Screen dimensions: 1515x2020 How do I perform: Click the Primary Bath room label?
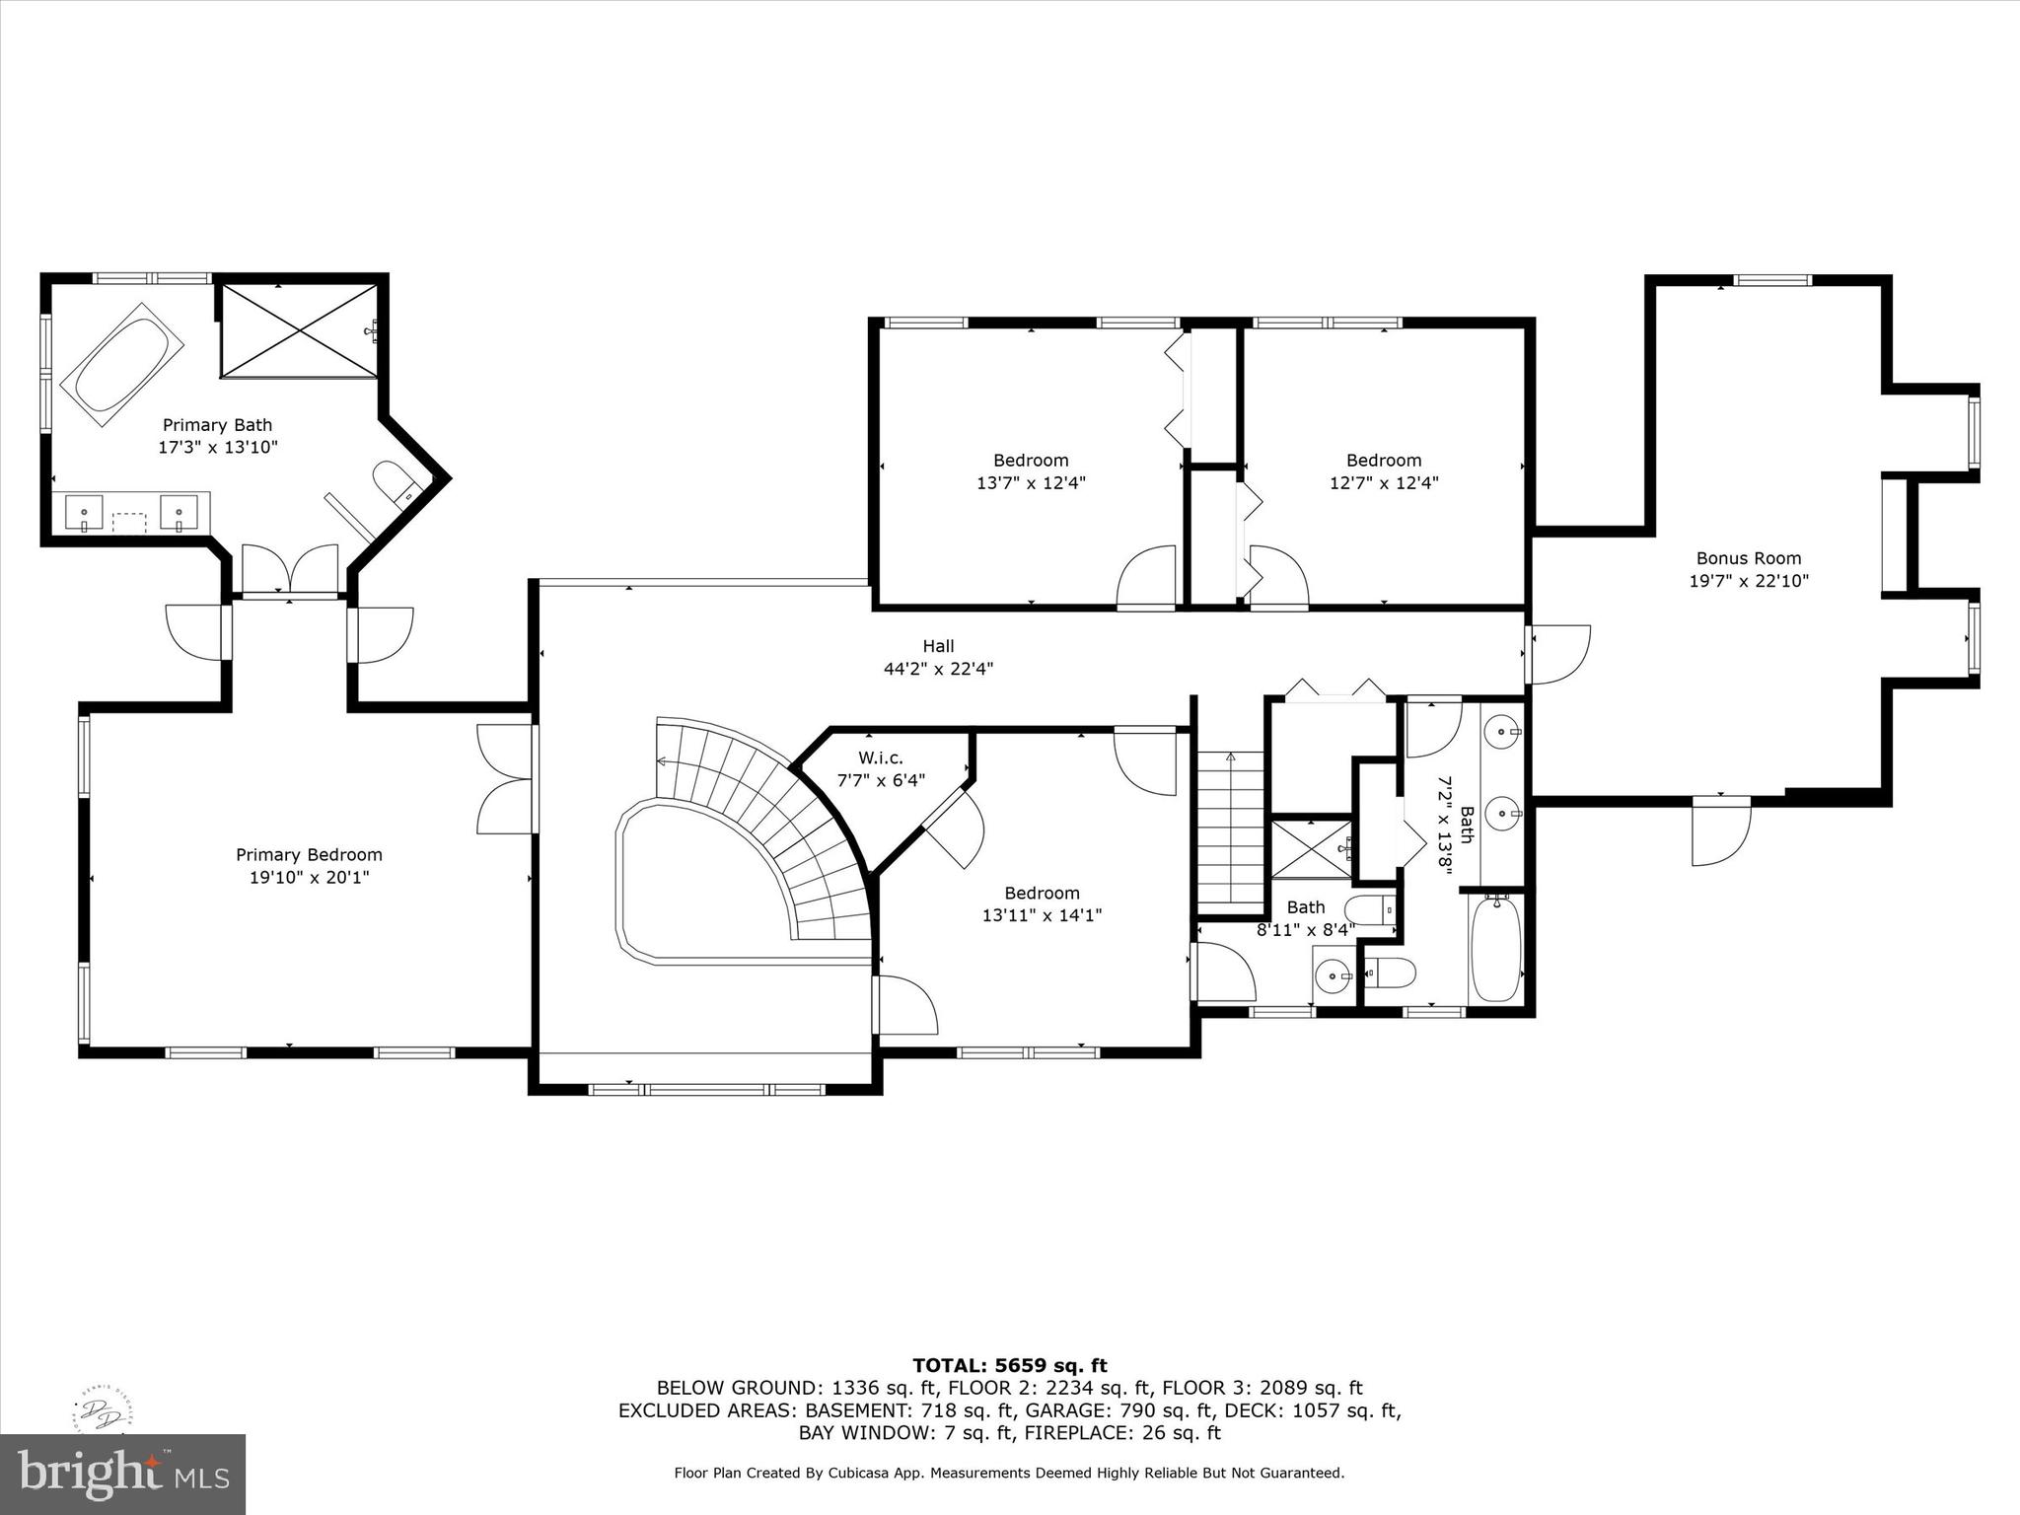point(217,425)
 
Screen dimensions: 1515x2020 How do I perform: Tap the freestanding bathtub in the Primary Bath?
point(122,364)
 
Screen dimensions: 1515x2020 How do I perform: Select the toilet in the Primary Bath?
point(396,482)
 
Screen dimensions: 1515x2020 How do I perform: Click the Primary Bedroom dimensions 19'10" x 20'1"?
point(309,878)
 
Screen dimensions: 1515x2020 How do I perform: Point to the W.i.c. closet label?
point(880,758)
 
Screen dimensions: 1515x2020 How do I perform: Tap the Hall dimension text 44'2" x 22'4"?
point(938,669)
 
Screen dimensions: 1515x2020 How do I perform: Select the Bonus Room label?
point(1748,558)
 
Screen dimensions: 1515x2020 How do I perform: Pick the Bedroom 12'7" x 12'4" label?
point(1384,461)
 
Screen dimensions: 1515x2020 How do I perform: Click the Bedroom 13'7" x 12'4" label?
point(1031,461)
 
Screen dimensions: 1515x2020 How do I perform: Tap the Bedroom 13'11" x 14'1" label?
point(1042,894)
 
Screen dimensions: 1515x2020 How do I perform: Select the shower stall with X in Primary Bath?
point(299,330)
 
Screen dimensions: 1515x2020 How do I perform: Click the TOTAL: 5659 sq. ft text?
point(1009,1366)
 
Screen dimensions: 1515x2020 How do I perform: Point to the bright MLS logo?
point(122,1474)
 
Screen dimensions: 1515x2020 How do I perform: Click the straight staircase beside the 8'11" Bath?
point(1231,833)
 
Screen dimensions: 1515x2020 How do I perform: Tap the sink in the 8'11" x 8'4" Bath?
point(1334,975)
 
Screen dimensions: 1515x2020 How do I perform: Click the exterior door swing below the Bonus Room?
point(1720,833)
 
